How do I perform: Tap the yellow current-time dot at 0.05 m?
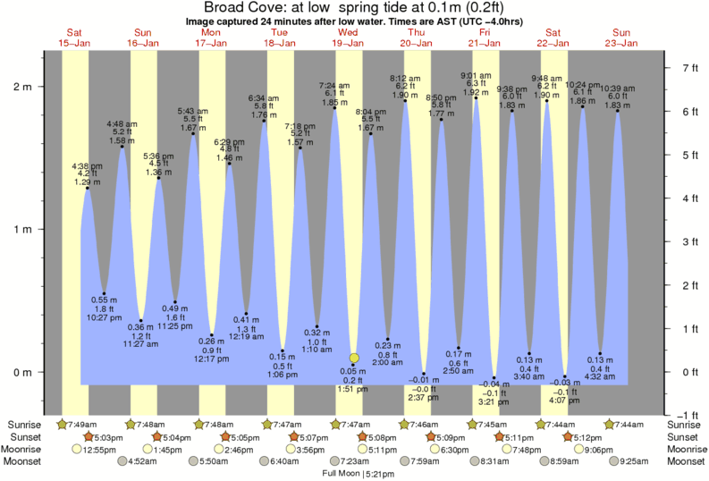[x=354, y=358]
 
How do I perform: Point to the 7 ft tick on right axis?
[x=683, y=68]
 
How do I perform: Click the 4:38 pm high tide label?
[x=88, y=165]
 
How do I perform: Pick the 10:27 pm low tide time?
[x=105, y=317]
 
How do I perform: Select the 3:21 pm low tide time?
[x=494, y=401]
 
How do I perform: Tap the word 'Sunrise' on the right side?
[x=687, y=424]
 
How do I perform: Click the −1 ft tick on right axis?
[x=683, y=416]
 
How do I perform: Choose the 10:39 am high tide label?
[x=618, y=89]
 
